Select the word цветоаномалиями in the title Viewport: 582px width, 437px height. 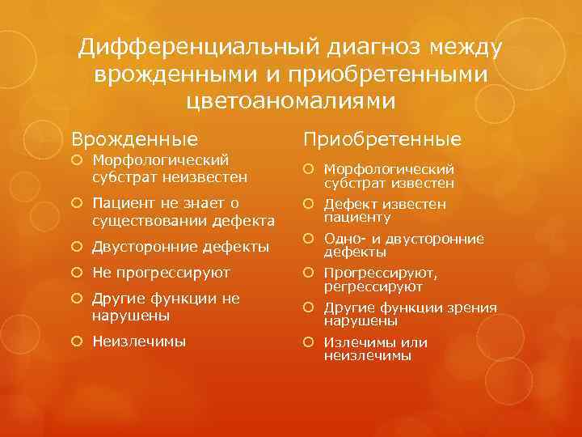point(291,101)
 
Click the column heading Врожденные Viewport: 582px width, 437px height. point(134,138)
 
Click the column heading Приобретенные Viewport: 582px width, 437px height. point(382,139)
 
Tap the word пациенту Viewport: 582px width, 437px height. point(357,217)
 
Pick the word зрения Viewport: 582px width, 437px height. point(472,307)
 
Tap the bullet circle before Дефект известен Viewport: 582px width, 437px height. point(311,205)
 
